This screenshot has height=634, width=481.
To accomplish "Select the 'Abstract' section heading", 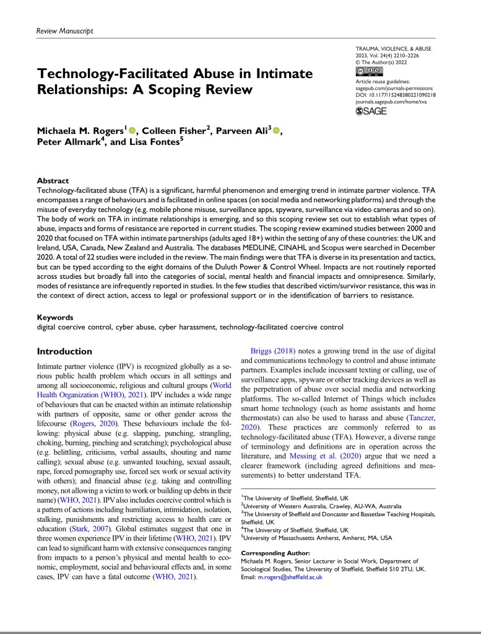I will [x=53, y=181].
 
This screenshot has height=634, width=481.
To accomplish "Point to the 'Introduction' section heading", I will [x=65, y=351].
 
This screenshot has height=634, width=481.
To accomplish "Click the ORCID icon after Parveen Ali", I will [x=275, y=131].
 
